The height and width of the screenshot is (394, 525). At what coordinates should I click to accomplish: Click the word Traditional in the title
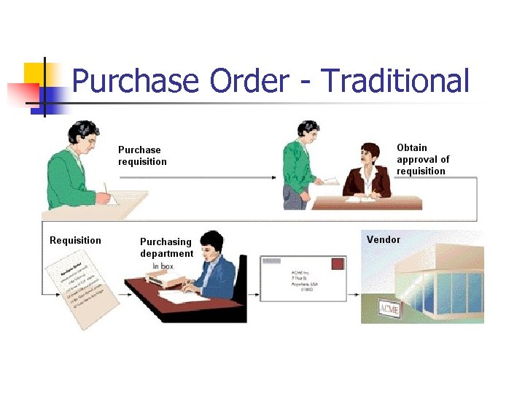click(x=394, y=81)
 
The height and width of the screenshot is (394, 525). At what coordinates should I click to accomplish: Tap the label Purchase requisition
click(x=142, y=155)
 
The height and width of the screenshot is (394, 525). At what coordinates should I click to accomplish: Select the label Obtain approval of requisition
click(x=422, y=159)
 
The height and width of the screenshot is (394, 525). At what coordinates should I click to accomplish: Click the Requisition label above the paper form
click(x=75, y=240)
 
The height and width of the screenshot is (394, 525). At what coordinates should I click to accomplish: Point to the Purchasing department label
click(x=166, y=247)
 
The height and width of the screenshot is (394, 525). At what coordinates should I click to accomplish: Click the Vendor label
click(x=383, y=239)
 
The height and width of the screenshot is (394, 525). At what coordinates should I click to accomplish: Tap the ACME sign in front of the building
click(x=389, y=309)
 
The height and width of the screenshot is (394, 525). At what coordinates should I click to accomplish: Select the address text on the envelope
click(x=306, y=281)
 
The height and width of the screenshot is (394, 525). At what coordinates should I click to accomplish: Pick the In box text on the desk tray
click(x=165, y=266)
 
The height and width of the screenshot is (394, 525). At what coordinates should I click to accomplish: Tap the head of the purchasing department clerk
click(x=211, y=244)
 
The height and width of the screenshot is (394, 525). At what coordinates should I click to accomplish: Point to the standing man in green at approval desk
click(x=300, y=168)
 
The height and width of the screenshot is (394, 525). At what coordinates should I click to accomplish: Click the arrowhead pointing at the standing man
click(x=273, y=177)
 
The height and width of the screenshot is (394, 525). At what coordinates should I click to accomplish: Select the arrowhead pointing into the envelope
click(x=257, y=295)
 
